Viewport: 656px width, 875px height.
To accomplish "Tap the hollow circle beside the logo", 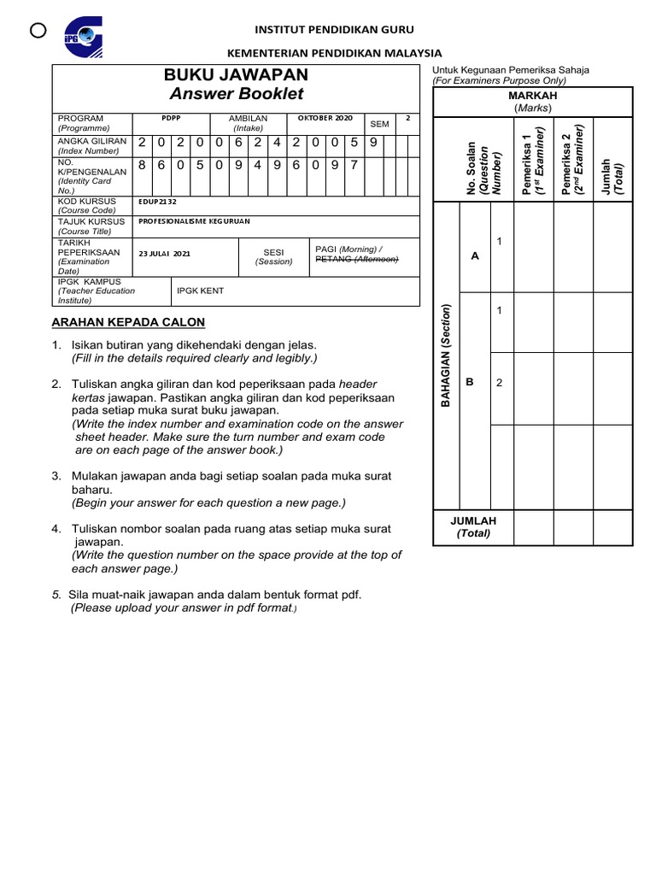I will tap(37, 31).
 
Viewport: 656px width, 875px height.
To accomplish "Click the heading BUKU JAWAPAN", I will tap(235, 76).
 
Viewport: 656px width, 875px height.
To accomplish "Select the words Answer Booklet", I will tap(235, 94).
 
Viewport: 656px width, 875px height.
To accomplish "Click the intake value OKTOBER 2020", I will tap(325, 118).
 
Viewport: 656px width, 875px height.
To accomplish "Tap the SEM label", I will tap(379, 124).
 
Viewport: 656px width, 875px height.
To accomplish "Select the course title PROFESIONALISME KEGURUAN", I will tap(196, 220).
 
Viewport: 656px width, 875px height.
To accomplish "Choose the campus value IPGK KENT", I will tap(200, 291).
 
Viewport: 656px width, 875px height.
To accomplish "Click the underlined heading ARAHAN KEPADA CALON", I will tap(128, 322).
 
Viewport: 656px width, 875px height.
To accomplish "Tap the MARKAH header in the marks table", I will tap(533, 96).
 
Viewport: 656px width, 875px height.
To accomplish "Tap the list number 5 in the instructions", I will tap(56, 595).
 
